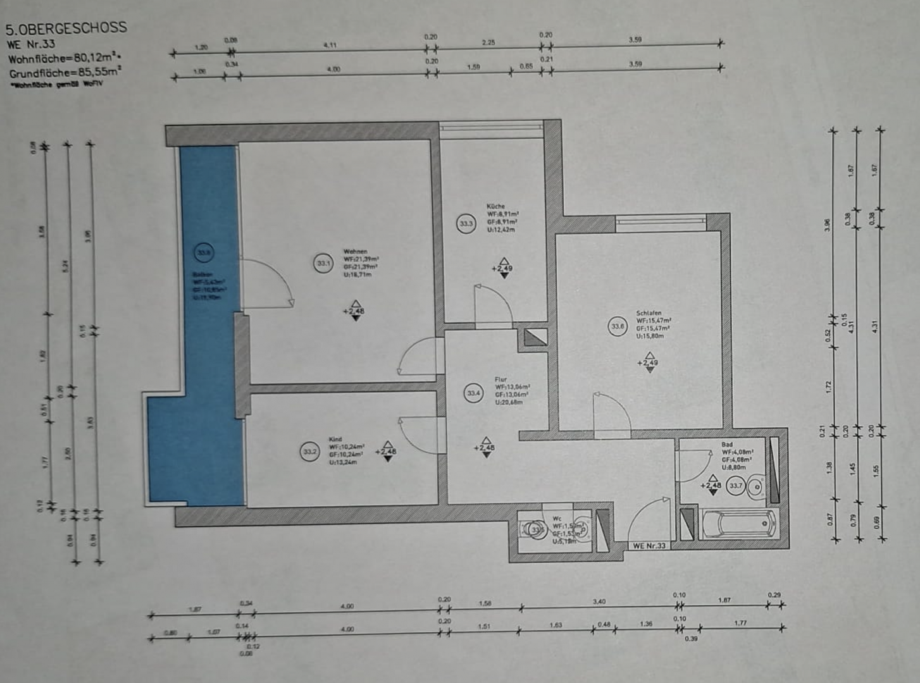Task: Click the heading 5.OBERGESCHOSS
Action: [66, 28]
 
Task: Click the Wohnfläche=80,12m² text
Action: [63, 59]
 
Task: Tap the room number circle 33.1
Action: [323, 263]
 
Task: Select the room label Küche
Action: [495, 206]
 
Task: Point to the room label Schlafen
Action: [649, 313]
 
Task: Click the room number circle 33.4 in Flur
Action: [473, 393]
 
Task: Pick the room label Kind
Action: [335, 439]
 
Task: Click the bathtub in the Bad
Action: [738, 524]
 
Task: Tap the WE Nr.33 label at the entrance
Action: [649, 546]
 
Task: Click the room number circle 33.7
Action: [735, 486]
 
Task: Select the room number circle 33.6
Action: [618, 327]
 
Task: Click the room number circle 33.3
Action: [466, 223]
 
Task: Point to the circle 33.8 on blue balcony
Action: [204, 253]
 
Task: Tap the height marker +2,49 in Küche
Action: [503, 269]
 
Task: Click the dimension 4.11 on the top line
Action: [330, 46]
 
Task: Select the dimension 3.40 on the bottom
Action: [599, 601]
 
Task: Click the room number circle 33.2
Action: [309, 452]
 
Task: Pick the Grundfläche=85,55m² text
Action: [65, 73]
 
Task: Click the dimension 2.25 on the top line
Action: [488, 43]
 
